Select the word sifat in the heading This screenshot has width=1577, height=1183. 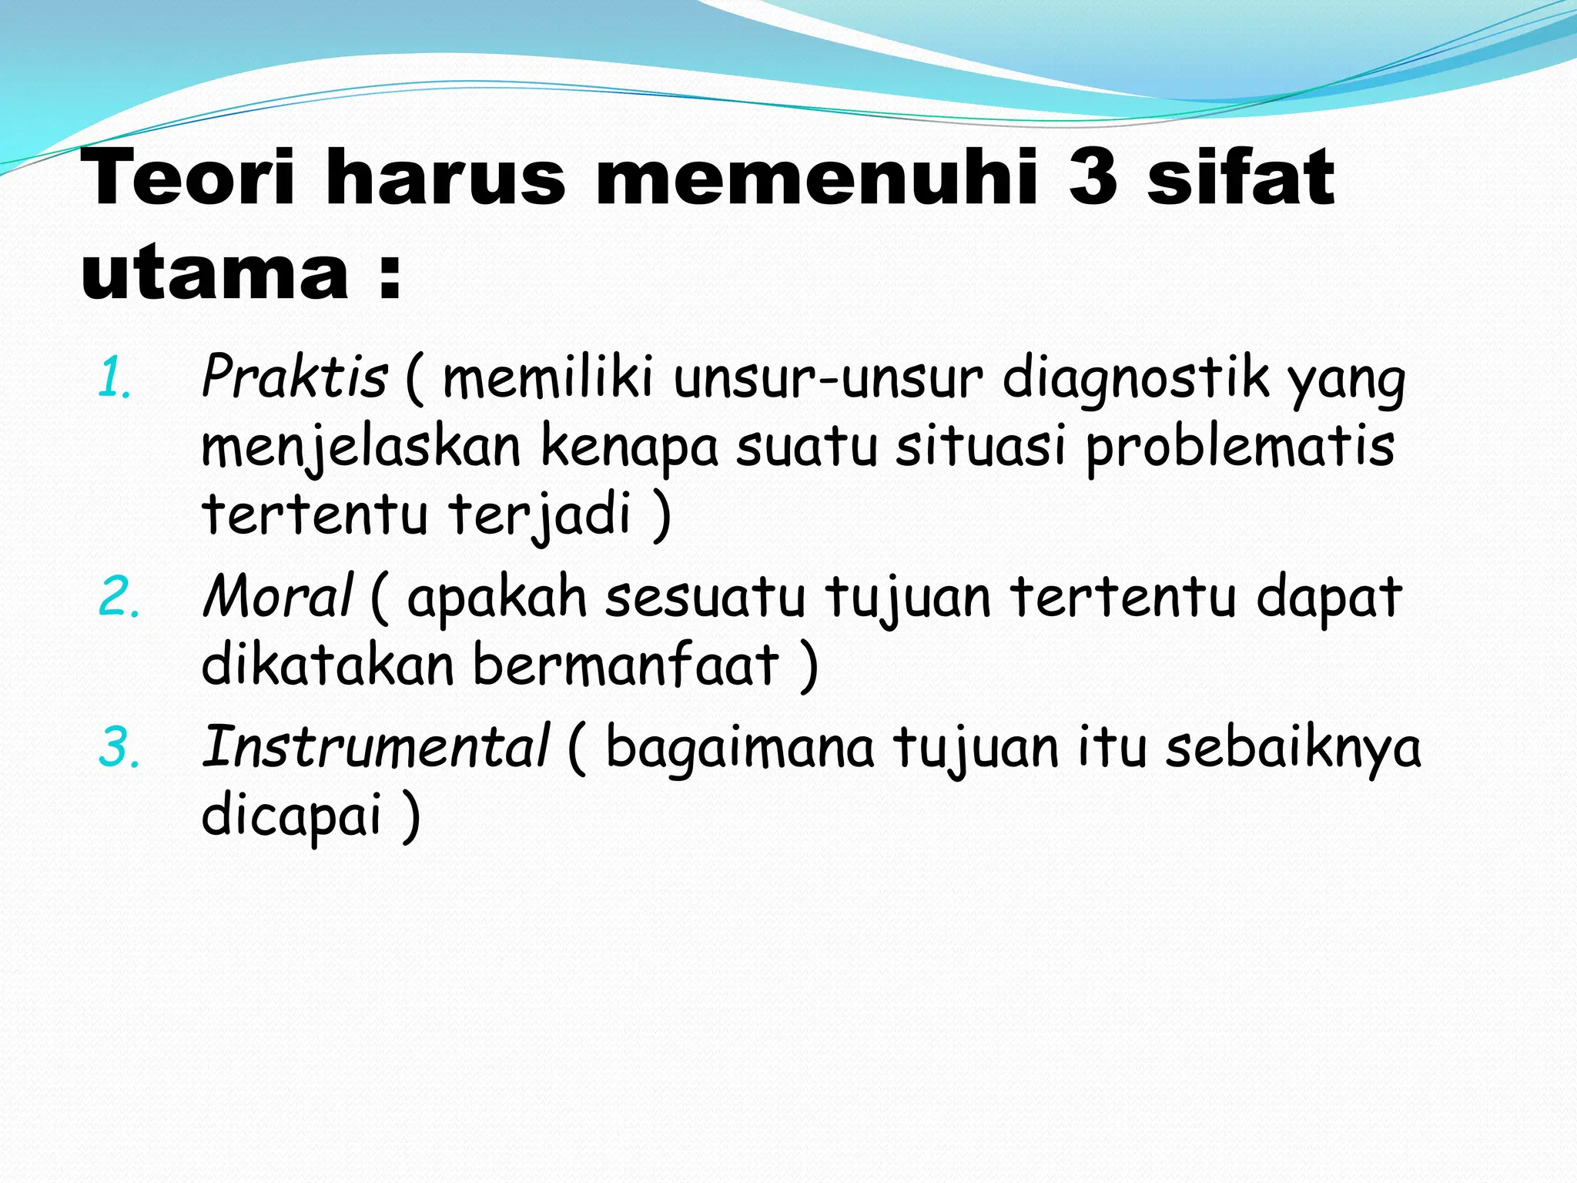click(1241, 179)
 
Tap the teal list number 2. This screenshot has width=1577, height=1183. click(119, 598)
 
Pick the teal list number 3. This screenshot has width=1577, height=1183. click(119, 747)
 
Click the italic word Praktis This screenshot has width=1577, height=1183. click(294, 377)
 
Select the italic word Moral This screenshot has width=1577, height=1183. click(277, 597)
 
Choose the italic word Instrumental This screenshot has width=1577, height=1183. click(376, 746)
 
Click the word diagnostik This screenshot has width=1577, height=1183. click(1137, 379)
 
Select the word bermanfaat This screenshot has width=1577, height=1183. click(625, 665)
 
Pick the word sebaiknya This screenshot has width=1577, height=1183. click(1293, 747)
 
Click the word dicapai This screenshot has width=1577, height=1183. click(292, 815)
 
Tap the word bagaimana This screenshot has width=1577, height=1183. click(740, 747)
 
